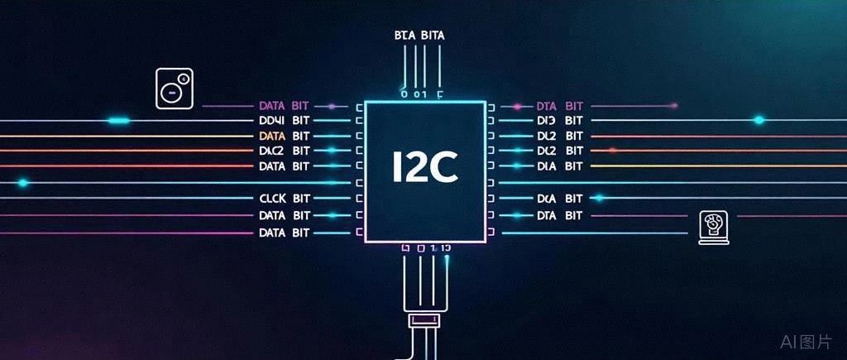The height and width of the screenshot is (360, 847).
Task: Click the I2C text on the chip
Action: tap(423, 168)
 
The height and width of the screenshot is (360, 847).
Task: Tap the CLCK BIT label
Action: tap(285, 199)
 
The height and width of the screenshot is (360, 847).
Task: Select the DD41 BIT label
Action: tap(285, 121)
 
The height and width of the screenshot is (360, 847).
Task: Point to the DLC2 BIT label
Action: tap(285, 151)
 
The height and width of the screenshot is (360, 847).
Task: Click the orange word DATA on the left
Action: tap(271, 136)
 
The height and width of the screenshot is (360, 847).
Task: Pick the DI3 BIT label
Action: tap(560, 121)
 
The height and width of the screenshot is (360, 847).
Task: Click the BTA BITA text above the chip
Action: tap(421, 35)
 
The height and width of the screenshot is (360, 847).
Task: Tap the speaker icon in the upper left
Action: tap(175, 89)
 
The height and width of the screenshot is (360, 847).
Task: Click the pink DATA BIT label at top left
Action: tap(285, 106)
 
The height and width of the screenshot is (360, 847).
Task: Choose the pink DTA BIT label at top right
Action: tap(560, 106)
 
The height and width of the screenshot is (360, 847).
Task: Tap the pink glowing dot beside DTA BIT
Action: tap(517, 106)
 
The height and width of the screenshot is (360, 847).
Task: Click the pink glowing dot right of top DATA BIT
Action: tap(332, 106)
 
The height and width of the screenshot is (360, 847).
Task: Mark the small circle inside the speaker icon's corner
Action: tap(184, 79)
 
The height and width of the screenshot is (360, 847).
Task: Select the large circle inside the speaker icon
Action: tap(171, 93)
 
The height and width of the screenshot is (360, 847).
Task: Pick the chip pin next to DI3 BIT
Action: tap(491, 121)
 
